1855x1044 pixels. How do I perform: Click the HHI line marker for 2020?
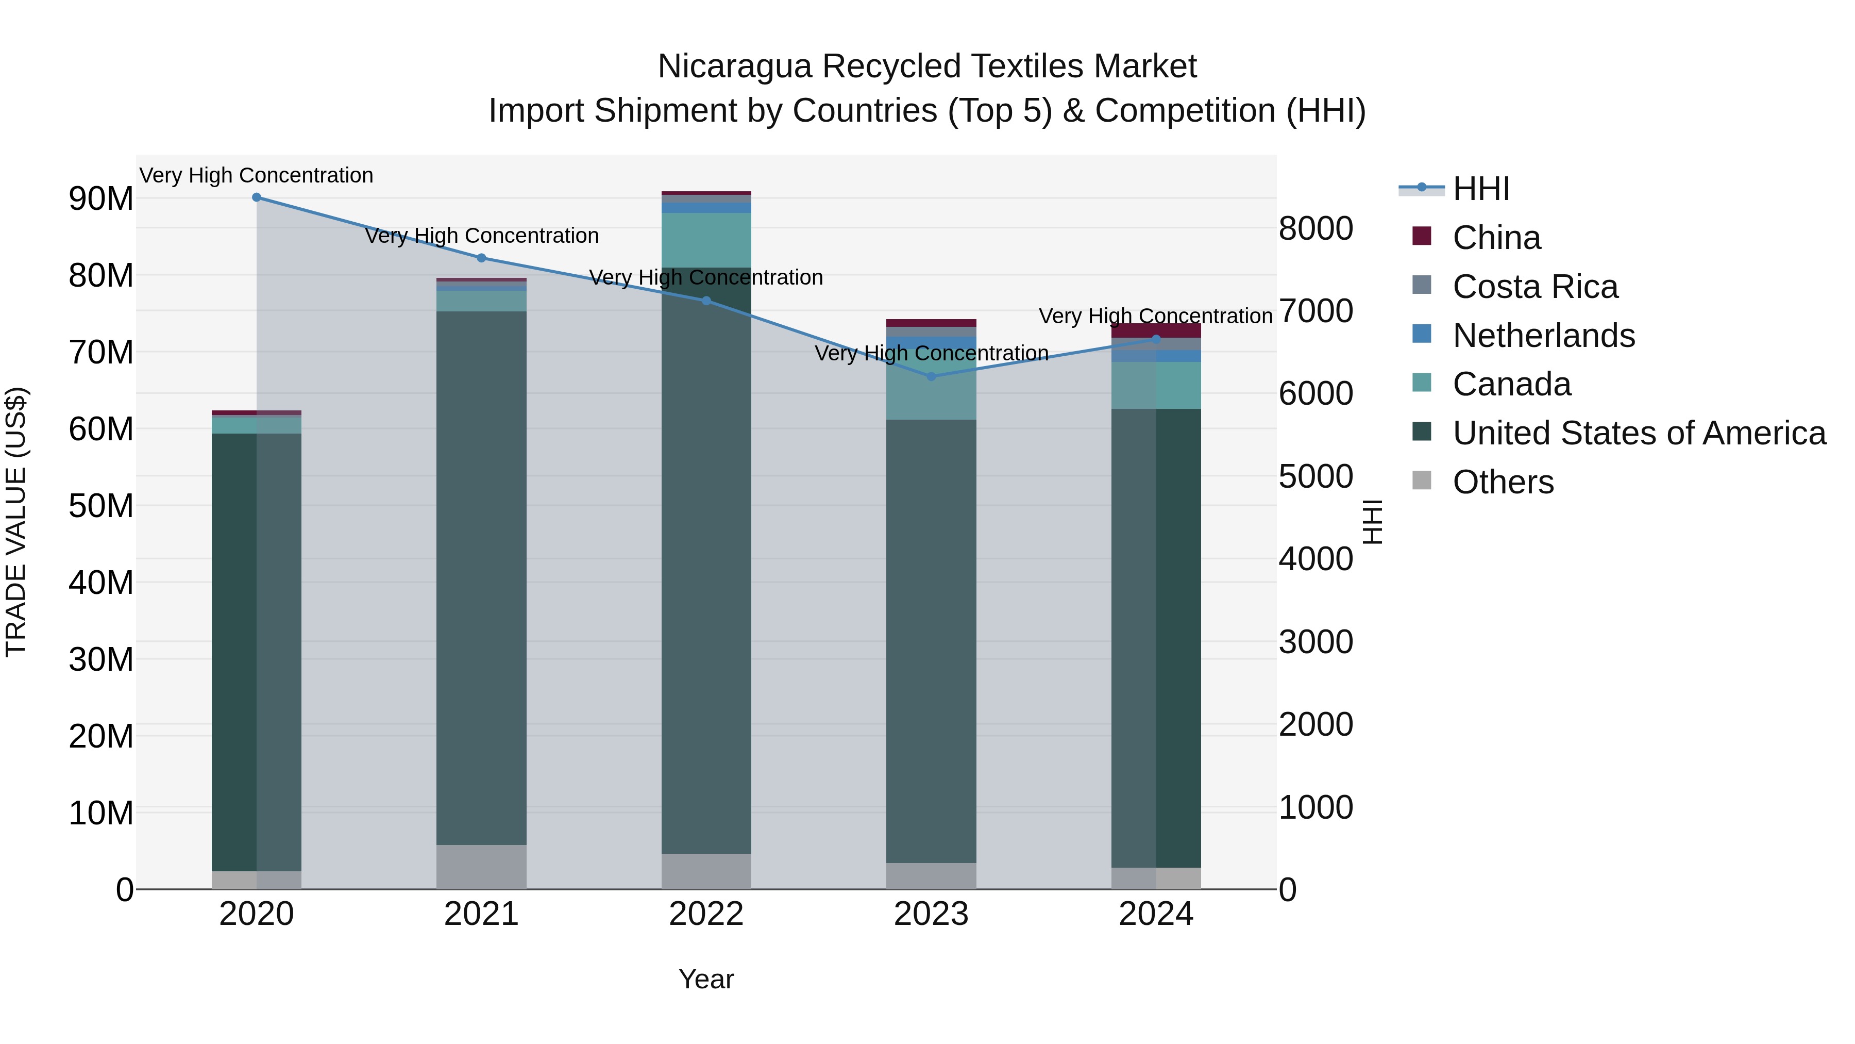[257, 197]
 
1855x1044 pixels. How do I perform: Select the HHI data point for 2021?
[482, 258]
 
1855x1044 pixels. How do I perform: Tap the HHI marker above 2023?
[931, 376]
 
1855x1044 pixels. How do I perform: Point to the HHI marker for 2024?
[1156, 339]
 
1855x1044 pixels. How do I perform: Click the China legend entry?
[1496, 238]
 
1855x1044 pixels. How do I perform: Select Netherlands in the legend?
[1543, 336]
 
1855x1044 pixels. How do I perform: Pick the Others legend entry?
[1503, 482]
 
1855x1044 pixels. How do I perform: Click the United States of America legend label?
[1639, 433]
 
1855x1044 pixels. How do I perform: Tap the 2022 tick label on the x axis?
[706, 914]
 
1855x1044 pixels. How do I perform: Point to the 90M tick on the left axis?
[101, 199]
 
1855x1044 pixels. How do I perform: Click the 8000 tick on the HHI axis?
[1316, 228]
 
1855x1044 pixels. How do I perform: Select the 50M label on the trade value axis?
[101, 506]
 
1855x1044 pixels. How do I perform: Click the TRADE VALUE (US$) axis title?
[16, 522]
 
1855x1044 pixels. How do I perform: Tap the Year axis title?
[706, 979]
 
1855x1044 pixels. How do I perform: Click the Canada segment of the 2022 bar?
[706, 240]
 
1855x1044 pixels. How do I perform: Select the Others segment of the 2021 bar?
[482, 867]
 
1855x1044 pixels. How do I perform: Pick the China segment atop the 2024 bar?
[1156, 330]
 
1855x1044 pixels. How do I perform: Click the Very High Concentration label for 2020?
[257, 175]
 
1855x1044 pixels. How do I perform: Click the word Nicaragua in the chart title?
[734, 67]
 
